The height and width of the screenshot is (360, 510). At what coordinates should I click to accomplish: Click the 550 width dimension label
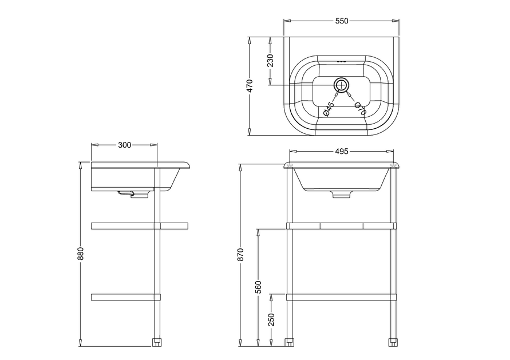342,21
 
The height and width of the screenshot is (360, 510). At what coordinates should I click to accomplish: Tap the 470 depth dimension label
250,86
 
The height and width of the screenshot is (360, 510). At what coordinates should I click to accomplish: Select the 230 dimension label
270,61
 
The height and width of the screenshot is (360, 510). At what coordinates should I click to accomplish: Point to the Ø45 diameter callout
329,109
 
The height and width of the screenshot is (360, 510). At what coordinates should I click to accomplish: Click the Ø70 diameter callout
361,109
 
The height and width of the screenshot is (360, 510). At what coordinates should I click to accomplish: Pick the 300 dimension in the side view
125,145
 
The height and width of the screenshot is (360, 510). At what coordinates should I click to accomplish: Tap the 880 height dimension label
81,254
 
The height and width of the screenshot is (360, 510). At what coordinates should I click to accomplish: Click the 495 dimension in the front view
342,151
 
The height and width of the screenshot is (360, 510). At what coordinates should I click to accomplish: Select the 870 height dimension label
240,255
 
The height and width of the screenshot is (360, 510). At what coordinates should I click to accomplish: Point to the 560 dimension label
258,287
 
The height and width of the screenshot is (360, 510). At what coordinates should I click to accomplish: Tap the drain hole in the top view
342,85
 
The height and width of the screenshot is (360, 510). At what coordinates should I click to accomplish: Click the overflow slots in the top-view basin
342,61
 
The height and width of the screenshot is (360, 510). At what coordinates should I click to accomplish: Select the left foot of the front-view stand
289,343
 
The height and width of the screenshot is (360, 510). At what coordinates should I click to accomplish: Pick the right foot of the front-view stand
393,343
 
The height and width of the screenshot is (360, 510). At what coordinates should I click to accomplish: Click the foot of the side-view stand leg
157,343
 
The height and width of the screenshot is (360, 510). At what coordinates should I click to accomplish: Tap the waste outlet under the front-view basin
342,194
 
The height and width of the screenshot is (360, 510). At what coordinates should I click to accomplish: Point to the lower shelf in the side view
126,297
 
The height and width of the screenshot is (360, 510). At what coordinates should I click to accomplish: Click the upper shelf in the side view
140,226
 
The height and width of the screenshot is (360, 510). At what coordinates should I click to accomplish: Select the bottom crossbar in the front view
341,297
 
